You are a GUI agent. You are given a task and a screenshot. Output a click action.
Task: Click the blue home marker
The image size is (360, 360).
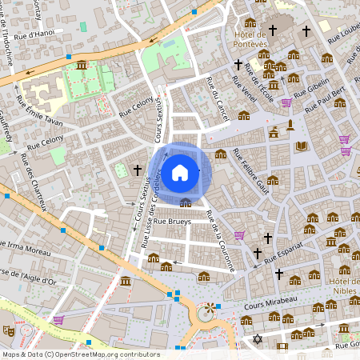[180, 172]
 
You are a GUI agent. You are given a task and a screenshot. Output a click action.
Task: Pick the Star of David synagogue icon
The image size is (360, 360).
[257, 340]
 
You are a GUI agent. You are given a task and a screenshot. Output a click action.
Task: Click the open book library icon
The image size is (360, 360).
[302, 146]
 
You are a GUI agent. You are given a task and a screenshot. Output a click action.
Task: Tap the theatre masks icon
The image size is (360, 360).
[9, 330]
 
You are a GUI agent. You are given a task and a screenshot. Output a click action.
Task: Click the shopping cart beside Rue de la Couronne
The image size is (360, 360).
[239, 235]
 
